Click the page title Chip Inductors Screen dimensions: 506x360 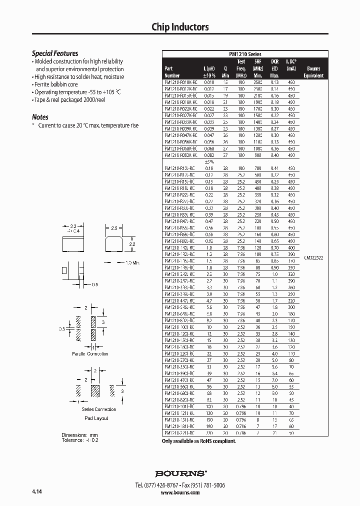180,27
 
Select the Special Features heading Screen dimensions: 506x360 55,53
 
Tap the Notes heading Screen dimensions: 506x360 40,117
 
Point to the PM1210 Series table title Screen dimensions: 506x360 245,54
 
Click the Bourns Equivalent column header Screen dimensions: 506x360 313,72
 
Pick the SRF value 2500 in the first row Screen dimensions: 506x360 257,82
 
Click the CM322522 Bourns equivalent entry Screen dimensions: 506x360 313,258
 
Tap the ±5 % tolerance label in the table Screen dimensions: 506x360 209,161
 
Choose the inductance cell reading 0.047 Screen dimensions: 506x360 209,135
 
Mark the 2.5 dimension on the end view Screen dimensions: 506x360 114,228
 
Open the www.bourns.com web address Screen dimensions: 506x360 180,492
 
